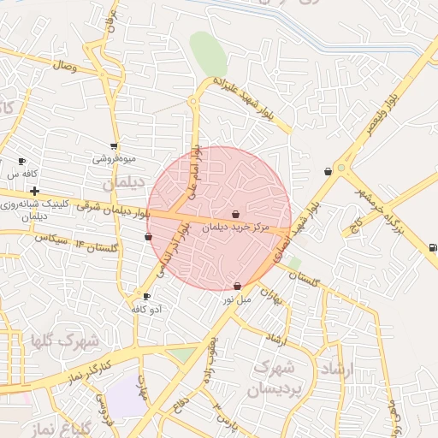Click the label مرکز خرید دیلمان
point(236,228)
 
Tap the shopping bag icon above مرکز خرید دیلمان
point(236,214)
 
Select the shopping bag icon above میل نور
point(237,286)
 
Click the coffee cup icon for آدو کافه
point(146,297)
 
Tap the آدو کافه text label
point(147,309)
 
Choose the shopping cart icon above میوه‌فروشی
point(114,146)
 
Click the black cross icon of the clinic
point(34,191)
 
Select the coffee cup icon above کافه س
point(22,161)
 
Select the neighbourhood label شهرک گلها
point(65,341)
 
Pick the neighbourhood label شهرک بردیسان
point(276,377)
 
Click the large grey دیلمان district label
point(121,184)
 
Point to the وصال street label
point(64,65)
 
